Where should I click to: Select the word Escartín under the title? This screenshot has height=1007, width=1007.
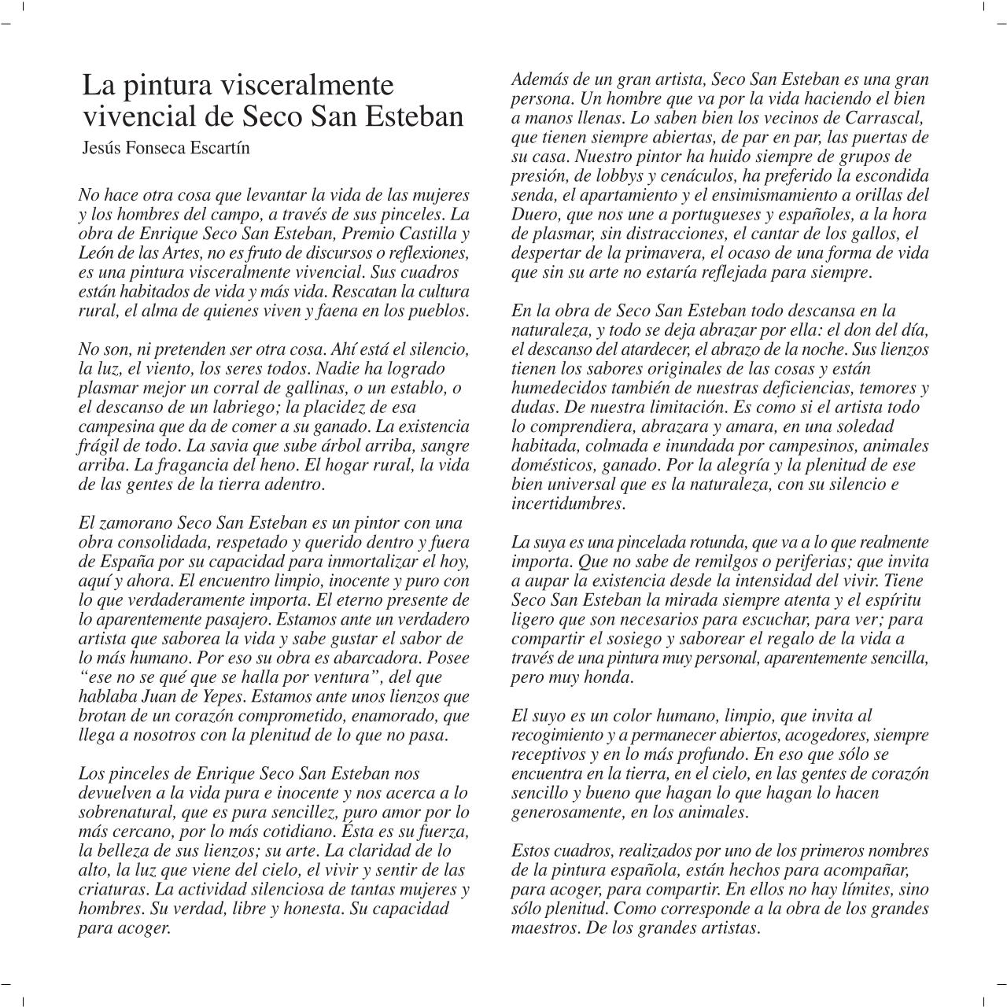pos(219,148)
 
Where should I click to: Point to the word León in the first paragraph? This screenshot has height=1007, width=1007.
pos(98,253)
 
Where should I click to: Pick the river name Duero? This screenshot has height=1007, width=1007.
pos(532,214)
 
